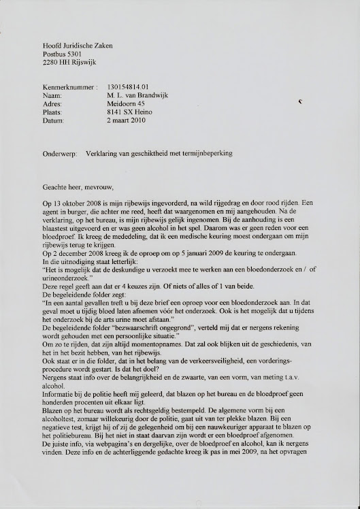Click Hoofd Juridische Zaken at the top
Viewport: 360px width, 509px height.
[78, 46]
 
